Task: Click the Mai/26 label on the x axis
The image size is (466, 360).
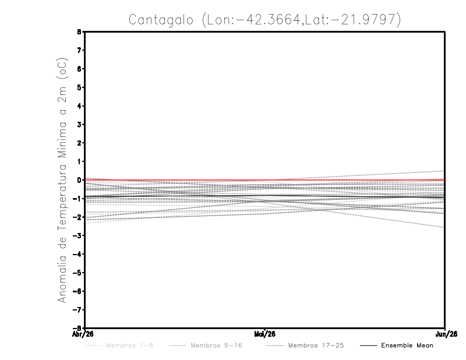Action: [265, 334]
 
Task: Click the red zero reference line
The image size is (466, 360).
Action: [175, 180]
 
